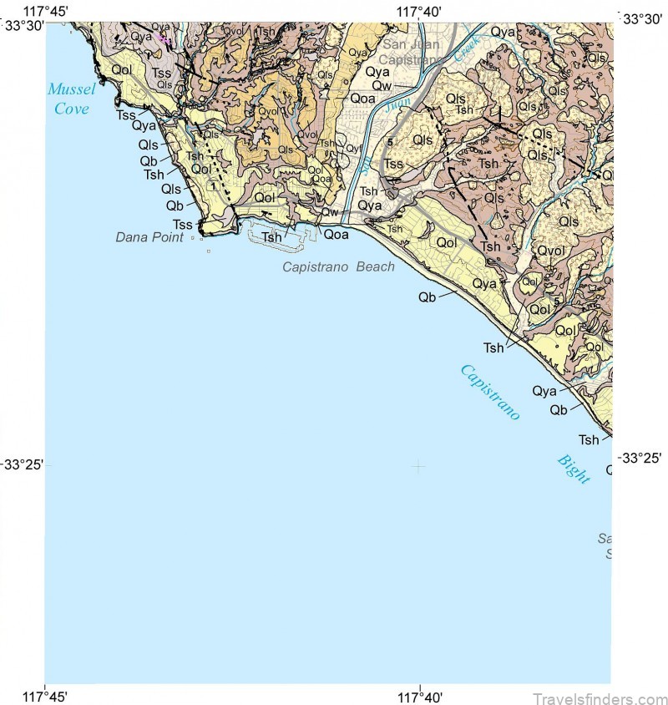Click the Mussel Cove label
pos(71,98)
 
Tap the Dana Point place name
pos(149,237)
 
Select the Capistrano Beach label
pos(338,266)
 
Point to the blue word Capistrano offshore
pos(490,392)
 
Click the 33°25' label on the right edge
pos(640,458)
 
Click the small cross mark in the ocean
pos(417,465)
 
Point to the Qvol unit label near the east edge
pos(550,251)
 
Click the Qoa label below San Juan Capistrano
pos(362,98)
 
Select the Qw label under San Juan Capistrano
pos(382,85)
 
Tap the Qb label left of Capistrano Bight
pos(559,409)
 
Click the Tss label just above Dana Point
pos(182,224)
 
